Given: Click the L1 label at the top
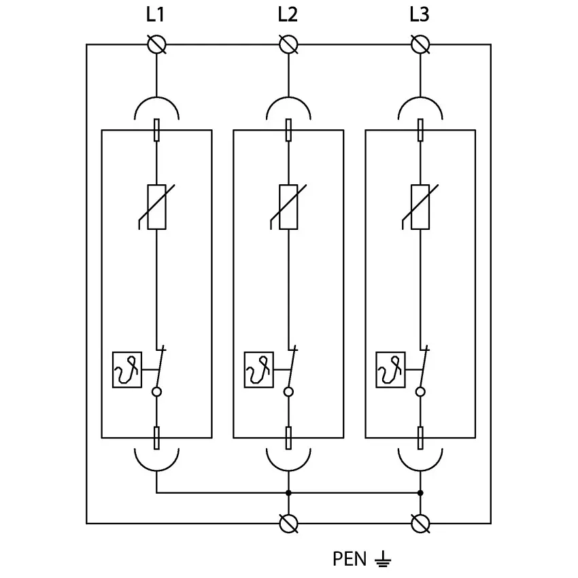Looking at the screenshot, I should (x=156, y=14).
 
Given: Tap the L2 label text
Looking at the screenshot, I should (x=288, y=14).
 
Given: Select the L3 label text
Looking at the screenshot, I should (x=420, y=14).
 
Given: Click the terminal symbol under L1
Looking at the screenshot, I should (x=157, y=45).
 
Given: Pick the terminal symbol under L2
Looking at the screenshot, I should (x=288, y=45).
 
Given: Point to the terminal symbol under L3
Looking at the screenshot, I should (x=420, y=45).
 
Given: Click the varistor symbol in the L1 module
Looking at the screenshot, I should (x=156, y=207).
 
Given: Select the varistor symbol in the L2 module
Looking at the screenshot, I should (x=288, y=207).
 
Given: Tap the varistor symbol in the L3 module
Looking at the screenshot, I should (x=420, y=207).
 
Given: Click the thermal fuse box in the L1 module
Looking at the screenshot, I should (x=127, y=370).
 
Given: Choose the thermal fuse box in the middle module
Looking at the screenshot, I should (x=259, y=370).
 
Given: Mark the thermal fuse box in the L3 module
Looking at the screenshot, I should (x=391, y=370).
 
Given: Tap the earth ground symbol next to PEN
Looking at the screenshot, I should (x=383, y=560).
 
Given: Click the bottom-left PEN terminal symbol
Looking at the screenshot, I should (x=288, y=523).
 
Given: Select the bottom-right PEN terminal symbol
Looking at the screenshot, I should (x=420, y=523).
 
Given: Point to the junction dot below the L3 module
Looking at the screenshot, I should (x=420, y=492).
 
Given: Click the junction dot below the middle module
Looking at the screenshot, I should (x=288, y=492).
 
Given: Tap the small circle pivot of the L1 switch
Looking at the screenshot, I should (x=157, y=392).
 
